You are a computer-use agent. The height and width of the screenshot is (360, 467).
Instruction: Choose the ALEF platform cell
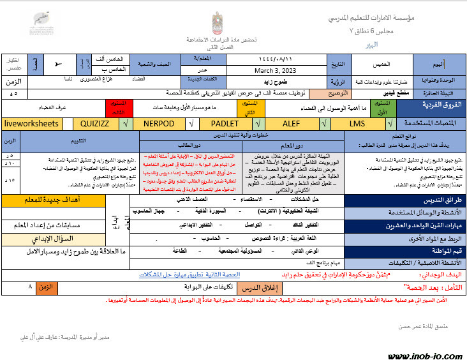pos(291,123)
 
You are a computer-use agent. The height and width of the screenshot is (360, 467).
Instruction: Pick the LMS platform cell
pos(357,123)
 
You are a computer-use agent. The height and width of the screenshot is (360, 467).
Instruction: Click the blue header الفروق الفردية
pos(431,104)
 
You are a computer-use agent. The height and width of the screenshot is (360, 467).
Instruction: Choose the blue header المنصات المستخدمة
pos(431,123)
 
